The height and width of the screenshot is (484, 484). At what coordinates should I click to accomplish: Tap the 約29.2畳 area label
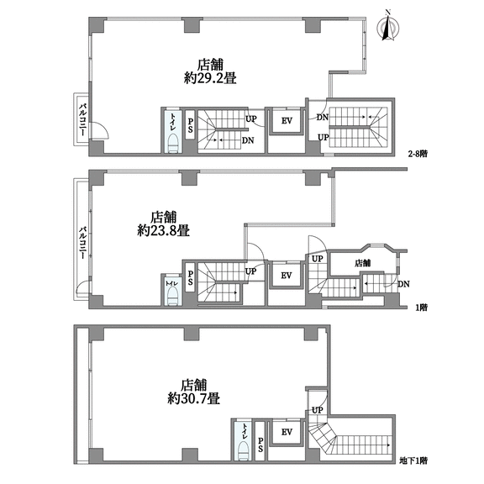pos(210,78)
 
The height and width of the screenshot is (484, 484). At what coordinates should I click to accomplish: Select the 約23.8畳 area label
pos(163,230)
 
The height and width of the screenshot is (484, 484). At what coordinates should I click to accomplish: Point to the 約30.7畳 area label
pos(193,398)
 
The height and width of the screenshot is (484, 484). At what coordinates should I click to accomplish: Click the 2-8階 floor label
pos(418,154)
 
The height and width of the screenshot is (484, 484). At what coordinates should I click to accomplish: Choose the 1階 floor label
pos(421,308)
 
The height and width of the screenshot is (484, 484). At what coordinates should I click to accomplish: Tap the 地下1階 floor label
pos(413,460)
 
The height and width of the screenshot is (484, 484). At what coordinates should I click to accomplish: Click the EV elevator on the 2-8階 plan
pos(287,121)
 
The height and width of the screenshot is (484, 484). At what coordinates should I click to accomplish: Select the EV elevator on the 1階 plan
pos(287,276)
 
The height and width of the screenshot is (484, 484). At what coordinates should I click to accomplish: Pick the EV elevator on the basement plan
pos(287,432)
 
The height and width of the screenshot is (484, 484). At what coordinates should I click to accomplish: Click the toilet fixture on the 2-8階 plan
pos(173,143)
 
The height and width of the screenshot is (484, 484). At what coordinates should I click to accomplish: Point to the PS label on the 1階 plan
pos(191,277)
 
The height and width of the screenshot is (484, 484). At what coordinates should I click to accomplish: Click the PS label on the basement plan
pos(260,445)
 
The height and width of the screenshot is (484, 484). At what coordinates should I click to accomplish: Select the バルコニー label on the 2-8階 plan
pos(82,120)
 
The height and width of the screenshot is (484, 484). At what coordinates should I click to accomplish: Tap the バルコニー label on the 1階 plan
pos(82,243)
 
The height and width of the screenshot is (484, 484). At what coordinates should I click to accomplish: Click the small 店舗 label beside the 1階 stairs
pos(362,263)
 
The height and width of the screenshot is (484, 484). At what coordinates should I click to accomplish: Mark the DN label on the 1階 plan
pos(403,284)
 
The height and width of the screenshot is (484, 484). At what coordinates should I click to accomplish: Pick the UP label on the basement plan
pos(318,411)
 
